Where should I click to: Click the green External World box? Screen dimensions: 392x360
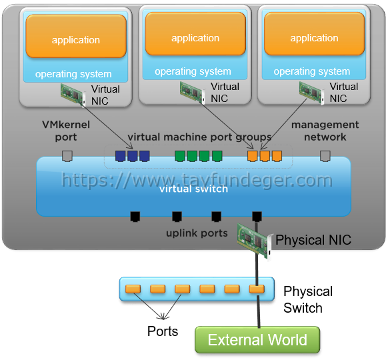pos(257,340)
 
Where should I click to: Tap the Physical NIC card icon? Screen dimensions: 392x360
pos(255,241)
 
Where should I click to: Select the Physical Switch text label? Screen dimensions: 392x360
pos(308,299)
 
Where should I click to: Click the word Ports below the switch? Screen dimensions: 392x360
pos(163,331)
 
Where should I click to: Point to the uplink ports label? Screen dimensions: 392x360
pos(197,233)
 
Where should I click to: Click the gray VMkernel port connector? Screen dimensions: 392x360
pos(67,156)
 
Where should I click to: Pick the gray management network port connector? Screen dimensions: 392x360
pos(325,156)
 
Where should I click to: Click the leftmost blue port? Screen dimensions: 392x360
pos(120,156)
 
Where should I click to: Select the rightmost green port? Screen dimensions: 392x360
pos(217,156)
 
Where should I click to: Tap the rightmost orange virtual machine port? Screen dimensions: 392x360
pos(277,156)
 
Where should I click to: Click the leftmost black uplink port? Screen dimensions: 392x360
pos(135,217)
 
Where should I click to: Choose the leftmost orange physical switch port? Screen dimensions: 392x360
pos(133,289)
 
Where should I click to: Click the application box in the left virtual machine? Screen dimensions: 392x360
pos(76,36)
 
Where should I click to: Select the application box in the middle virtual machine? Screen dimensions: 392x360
pos(195,34)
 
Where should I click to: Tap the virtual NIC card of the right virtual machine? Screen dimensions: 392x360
pos(312,93)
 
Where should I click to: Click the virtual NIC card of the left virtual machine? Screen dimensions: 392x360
pos(73,95)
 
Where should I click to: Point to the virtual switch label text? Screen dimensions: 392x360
pos(194,189)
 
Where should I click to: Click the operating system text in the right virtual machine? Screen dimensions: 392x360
pos(312,71)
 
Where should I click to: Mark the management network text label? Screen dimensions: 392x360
pos(325,131)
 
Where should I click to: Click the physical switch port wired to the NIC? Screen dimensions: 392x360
pos(257,289)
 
